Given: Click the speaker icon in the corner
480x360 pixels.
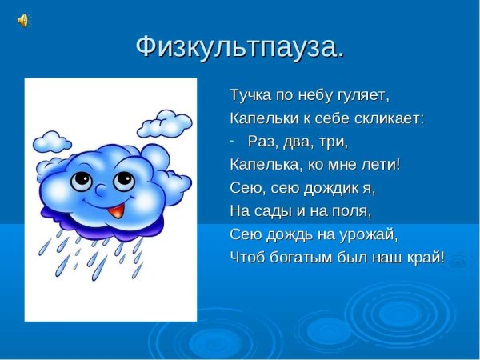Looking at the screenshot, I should click(22, 21).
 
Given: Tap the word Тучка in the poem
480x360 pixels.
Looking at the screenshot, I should click(248, 95).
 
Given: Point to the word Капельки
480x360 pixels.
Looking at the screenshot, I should click(262, 118).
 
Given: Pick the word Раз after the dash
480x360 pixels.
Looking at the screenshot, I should click(262, 142).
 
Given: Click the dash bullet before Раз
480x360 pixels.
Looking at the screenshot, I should click(232, 140).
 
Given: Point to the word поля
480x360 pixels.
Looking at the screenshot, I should click(353, 212).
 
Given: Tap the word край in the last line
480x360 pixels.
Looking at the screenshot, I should click(424, 258).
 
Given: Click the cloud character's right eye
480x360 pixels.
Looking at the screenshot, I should click(122, 178).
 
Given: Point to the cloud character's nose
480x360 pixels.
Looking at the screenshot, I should click(101, 191).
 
